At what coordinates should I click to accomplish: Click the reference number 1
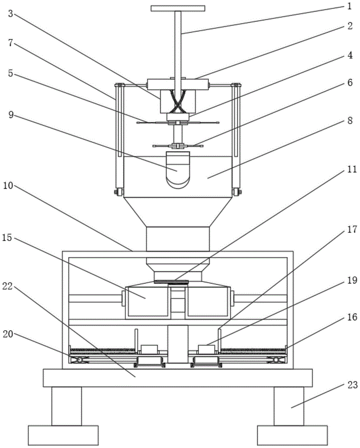click(x=349, y=6)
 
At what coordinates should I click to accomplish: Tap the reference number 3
click(x=11, y=14)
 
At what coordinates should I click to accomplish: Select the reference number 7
click(x=11, y=43)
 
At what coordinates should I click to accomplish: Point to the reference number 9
click(x=11, y=115)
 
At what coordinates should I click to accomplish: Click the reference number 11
click(x=352, y=169)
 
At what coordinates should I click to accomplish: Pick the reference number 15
click(x=7, y=238)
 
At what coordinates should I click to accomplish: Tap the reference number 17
click(x=352, y=229)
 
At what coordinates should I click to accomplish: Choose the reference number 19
click(x=352, y=280)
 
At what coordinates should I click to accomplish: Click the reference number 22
click(x=8, y=286)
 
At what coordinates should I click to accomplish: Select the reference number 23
click(x=352, y=385)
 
